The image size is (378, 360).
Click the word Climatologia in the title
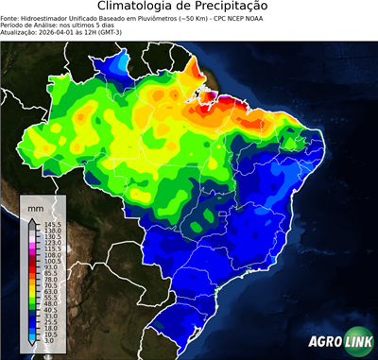click(138, 7)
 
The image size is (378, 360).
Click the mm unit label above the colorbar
click(35, 206)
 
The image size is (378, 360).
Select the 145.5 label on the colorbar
click(51, 224)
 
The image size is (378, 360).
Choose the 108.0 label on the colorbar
click(51, 255)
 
